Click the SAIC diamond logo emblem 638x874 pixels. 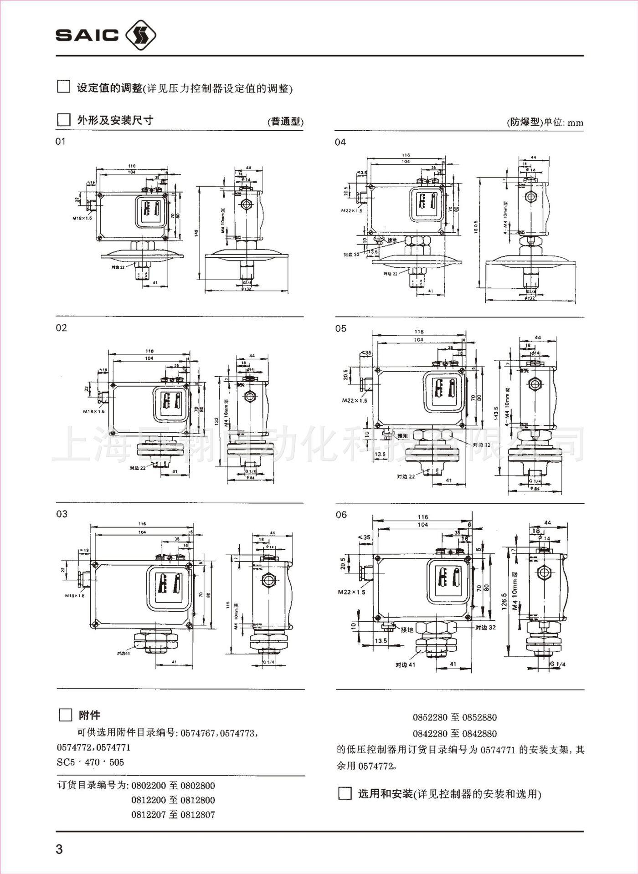(140, 35)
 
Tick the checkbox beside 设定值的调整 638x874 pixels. (63, 87)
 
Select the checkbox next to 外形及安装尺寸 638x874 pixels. (63, 120)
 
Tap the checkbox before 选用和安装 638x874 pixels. (345, 794)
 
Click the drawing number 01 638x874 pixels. (61, 142)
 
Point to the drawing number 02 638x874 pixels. (61, 328)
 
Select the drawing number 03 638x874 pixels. (62, 514)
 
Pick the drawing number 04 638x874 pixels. (340, 142)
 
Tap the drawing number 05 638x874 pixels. (340, 328)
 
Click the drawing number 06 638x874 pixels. (341, 515)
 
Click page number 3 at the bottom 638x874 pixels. (59, 849)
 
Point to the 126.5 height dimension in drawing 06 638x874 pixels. (504, 601)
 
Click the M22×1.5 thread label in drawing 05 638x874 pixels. (355, 400)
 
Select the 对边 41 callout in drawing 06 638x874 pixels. (405, 665)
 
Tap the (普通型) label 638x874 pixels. (285, 122)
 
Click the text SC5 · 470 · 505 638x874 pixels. (90, 762)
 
